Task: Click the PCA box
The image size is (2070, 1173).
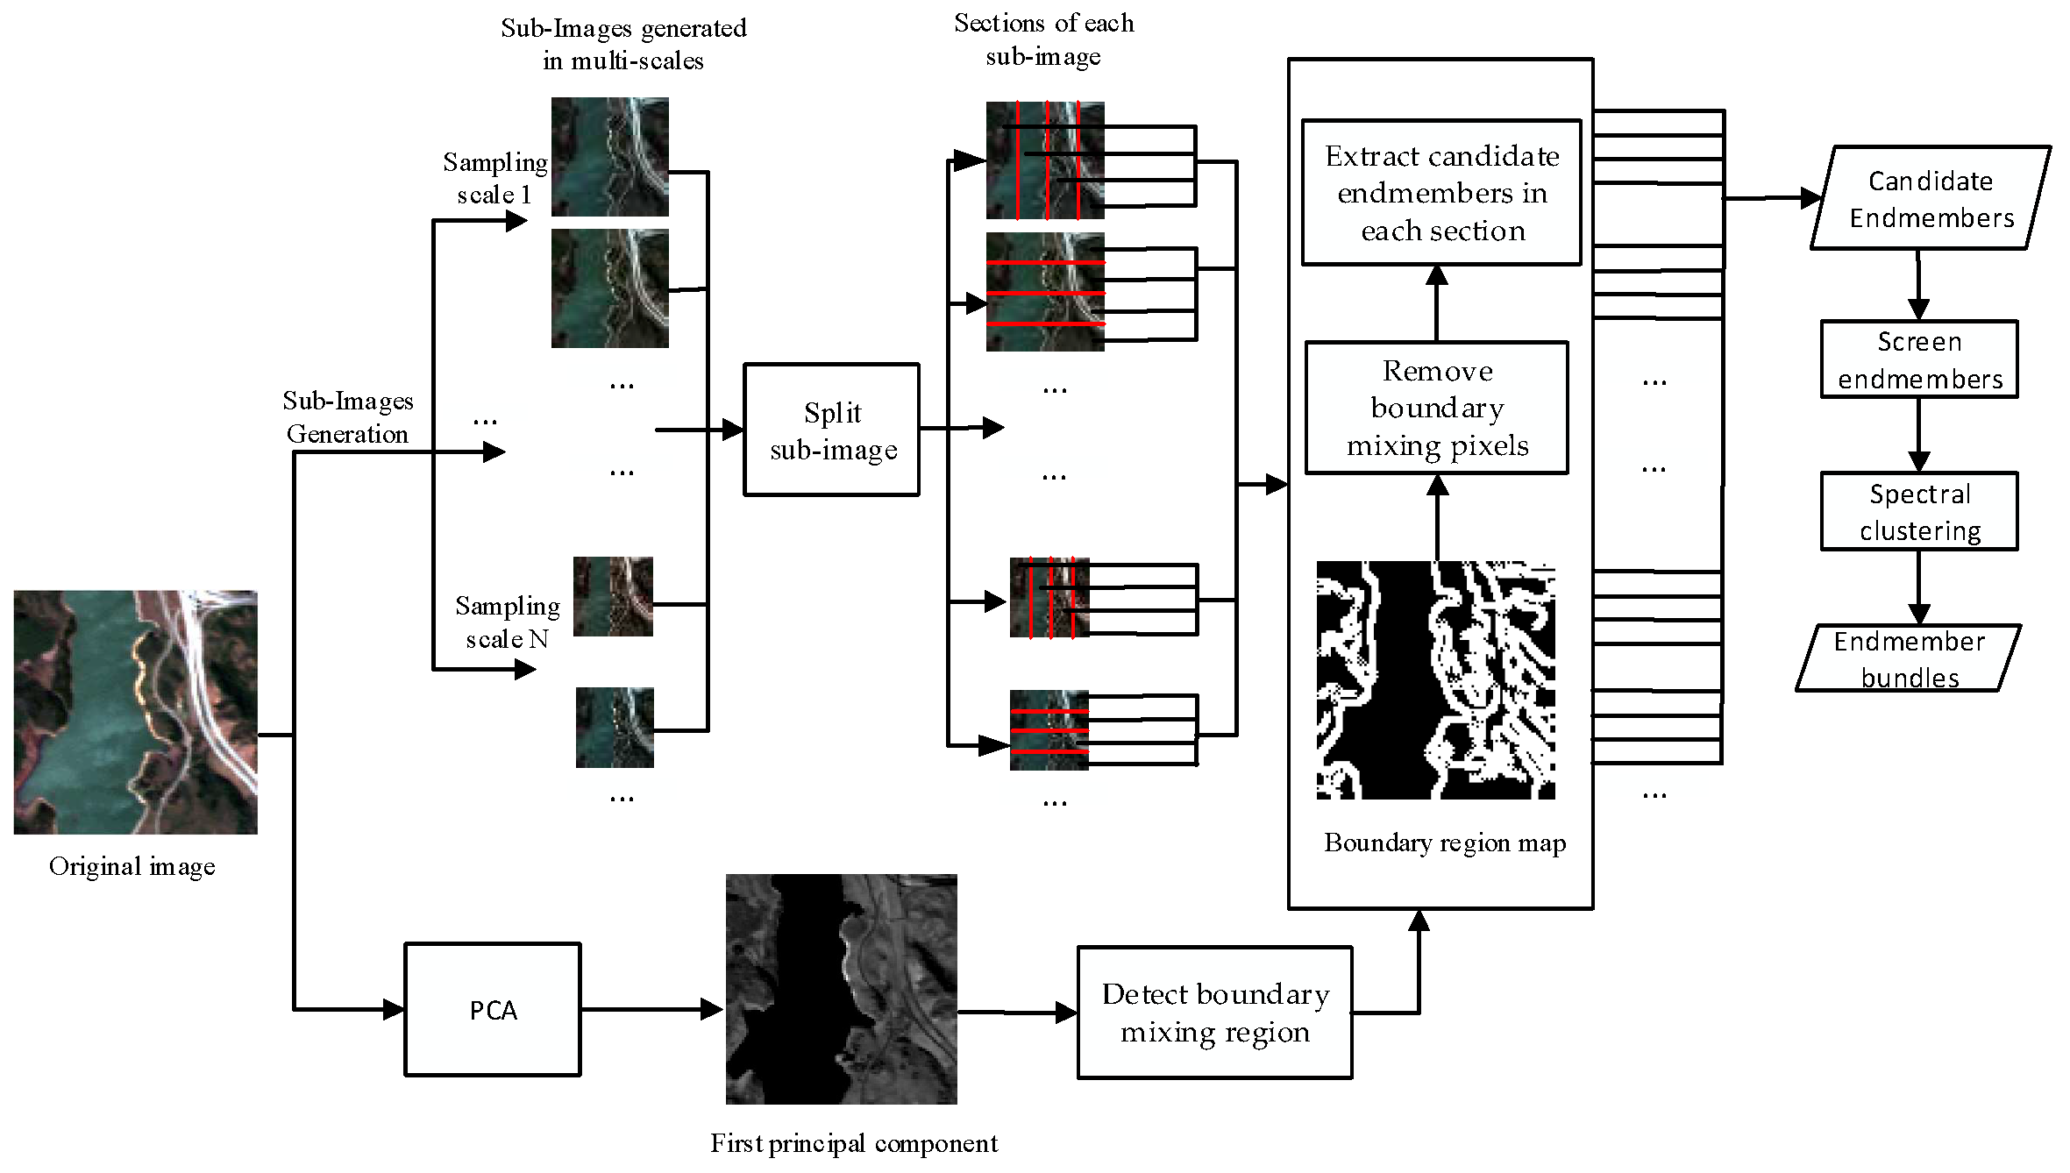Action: point(492,1009)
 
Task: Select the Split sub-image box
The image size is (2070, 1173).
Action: point(831,430)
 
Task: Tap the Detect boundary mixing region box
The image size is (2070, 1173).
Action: point(1214,1013)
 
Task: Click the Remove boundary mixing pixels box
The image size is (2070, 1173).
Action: point(1436,408)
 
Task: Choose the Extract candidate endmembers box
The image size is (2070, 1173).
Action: point(1441,193)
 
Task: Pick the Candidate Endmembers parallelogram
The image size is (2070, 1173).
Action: point(1930,198)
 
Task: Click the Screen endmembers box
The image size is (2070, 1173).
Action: point(1918,359)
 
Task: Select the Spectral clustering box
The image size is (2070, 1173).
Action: point(1918,512)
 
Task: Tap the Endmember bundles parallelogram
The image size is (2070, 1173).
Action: point(1908,658)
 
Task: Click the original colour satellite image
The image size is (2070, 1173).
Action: point(135,712)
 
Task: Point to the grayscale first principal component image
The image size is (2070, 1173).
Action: point(841,989)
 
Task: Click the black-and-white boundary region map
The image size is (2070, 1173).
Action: point(1435,680)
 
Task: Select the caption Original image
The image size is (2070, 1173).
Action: point(132,866)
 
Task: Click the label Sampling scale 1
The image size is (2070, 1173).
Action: point(494,178)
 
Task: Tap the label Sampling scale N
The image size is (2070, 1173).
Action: point(507,622)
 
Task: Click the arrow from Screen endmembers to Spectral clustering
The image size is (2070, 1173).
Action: point(1918,436)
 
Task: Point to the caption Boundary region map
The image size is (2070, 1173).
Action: point(1444,842)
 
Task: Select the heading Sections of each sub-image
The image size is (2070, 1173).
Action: point(1043,39)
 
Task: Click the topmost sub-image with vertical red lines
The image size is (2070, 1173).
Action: point(1044,160)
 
